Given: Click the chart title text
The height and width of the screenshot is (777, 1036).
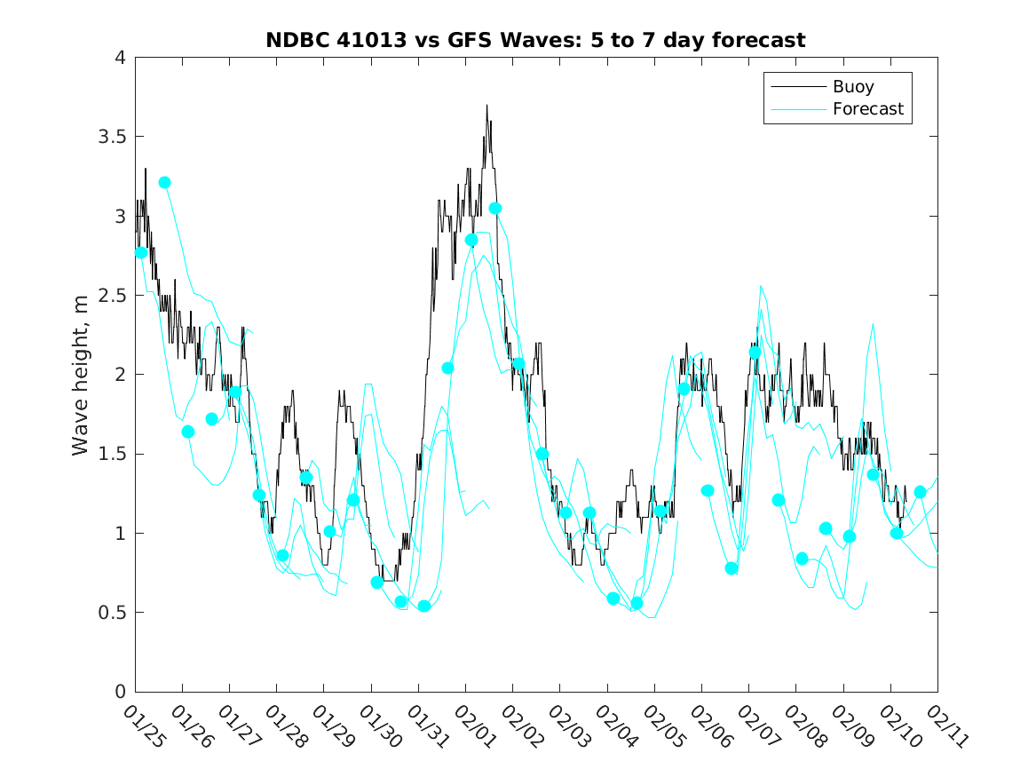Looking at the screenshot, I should [535, 40].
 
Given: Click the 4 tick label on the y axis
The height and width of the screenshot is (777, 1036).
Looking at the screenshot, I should [119, 58].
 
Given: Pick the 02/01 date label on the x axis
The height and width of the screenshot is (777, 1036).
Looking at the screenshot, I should [472, 725].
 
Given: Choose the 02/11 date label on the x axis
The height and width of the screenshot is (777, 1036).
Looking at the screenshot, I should [945, 725].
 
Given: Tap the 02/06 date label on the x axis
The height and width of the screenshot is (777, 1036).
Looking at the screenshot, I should [708, 725].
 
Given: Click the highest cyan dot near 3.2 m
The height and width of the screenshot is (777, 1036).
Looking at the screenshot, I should [164, 182].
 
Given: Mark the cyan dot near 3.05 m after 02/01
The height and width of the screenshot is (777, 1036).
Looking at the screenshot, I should [495, 208].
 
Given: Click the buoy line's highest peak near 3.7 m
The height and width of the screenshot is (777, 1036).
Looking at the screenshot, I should [486, 105].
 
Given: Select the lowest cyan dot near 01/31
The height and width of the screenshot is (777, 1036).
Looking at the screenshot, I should [423, 606].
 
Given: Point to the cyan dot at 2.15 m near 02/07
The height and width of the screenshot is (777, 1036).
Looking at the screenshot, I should [755, 352].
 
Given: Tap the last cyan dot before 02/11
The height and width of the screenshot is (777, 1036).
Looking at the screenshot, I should [920, 492].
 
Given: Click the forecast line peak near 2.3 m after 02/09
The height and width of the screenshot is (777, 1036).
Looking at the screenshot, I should [874, 324].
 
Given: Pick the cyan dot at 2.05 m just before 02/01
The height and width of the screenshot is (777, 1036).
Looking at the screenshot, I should [447, 368].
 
